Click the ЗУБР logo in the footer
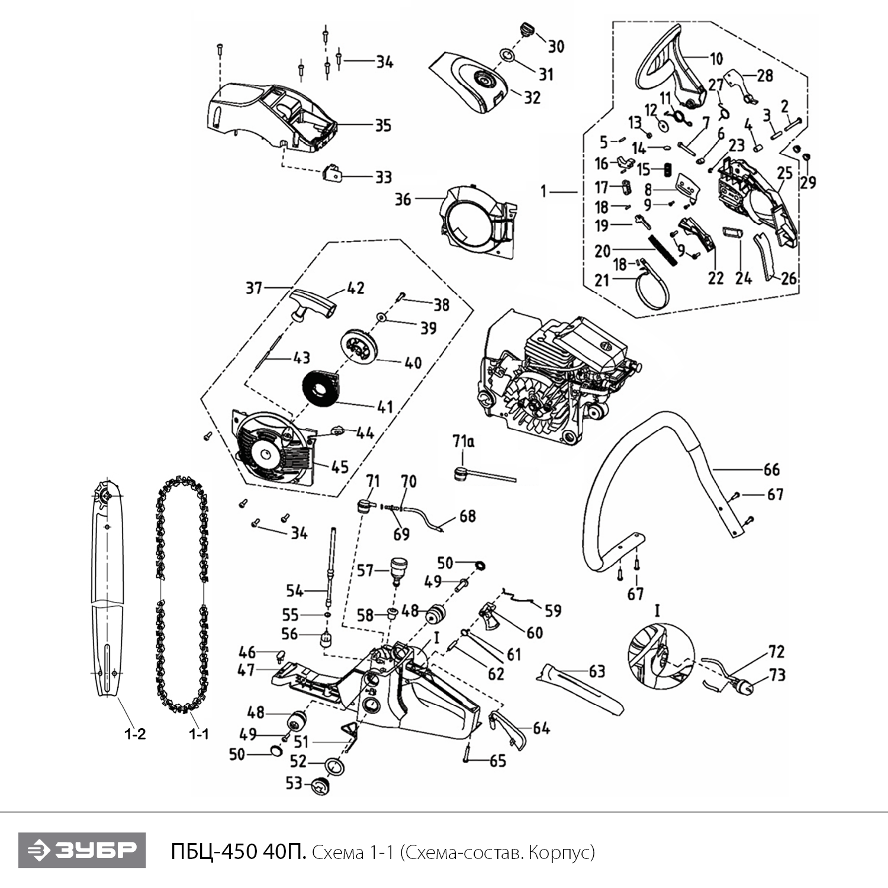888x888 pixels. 82,851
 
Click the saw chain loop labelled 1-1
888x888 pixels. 160,592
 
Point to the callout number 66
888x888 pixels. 771,469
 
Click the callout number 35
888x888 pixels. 383,126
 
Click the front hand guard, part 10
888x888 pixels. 669,65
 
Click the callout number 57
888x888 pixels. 365,571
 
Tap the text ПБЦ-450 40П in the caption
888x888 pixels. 238,852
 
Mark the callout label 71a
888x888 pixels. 464,442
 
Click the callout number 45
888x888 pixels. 339,466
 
